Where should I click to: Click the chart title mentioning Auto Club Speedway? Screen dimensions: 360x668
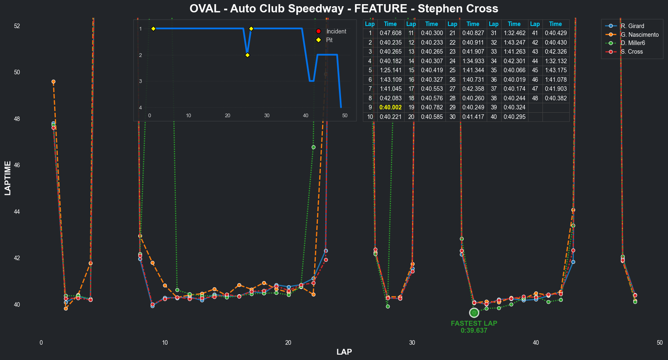pos(343,9)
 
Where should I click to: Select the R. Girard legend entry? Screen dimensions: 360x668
pos(632,26)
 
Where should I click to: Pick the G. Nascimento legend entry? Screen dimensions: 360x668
pos(640,35)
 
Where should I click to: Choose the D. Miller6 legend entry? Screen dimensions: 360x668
pos(632,43)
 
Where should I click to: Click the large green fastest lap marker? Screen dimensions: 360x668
pos(474,313)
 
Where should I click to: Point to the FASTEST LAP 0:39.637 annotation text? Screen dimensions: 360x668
pos(474,327)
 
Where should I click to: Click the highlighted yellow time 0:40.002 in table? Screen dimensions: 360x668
pos(391,107)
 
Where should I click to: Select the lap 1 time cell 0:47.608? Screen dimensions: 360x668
pos(391,33)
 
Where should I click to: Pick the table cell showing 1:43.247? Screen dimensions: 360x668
pos(514,43)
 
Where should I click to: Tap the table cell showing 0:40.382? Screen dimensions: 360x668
pos(556,98)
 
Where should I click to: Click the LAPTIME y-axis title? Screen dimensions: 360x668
pos(8,178)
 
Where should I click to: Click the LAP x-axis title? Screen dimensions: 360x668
pos(344,352)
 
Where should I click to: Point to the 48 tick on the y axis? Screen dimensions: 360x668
pos(17,119)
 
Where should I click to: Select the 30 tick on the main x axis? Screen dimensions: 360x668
pos(412,343)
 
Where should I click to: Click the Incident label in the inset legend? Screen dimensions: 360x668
pos(336,31)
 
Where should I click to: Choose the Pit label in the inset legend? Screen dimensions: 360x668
pos(329,40)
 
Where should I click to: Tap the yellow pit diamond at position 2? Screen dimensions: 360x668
pos(247,55)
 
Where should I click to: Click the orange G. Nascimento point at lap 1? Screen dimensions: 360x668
pos(53,82)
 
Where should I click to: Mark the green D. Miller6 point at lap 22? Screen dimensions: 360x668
pos(313,147)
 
